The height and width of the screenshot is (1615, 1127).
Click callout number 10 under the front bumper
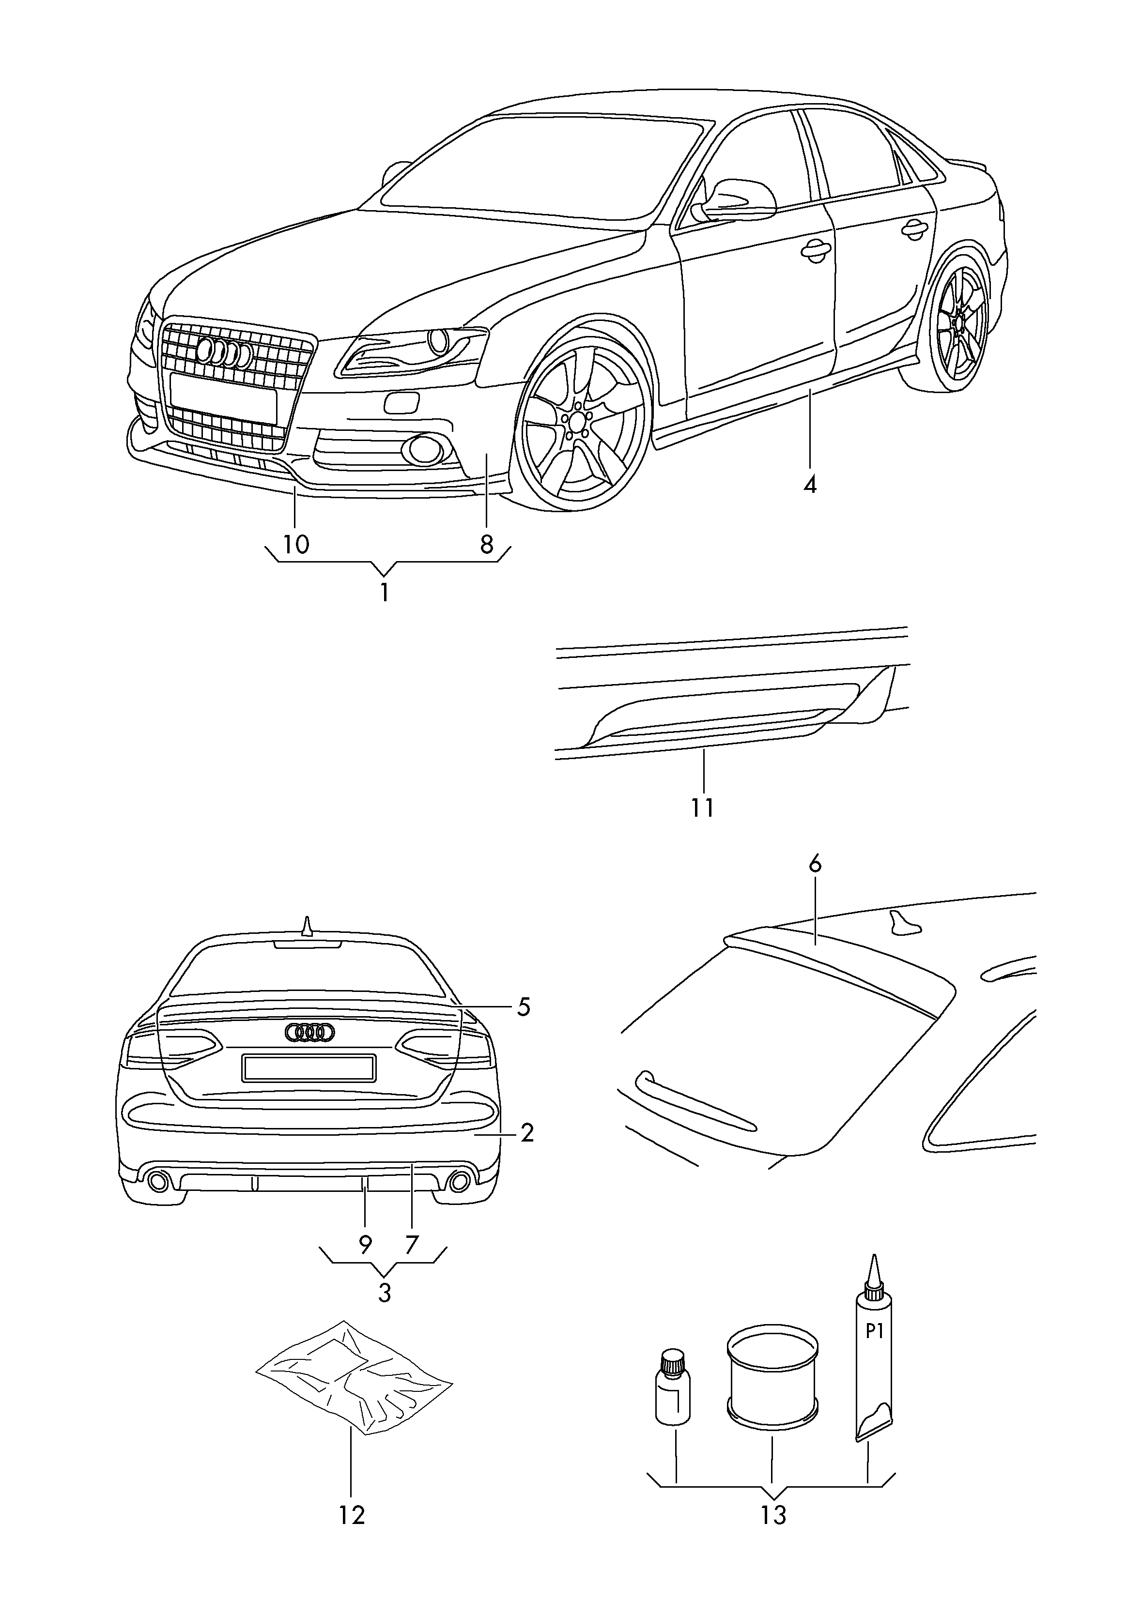click(x=296, y=545)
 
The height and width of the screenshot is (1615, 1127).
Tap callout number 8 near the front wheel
click(x=487, y=545)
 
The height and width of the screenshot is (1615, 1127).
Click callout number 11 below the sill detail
click(x=702, y=807)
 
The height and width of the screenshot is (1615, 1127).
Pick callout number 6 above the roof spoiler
click(x=815, y=865)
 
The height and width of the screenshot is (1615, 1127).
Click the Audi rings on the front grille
click(x=224, y=352)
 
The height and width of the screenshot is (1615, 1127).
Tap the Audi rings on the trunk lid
click(x=309, y=1032)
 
